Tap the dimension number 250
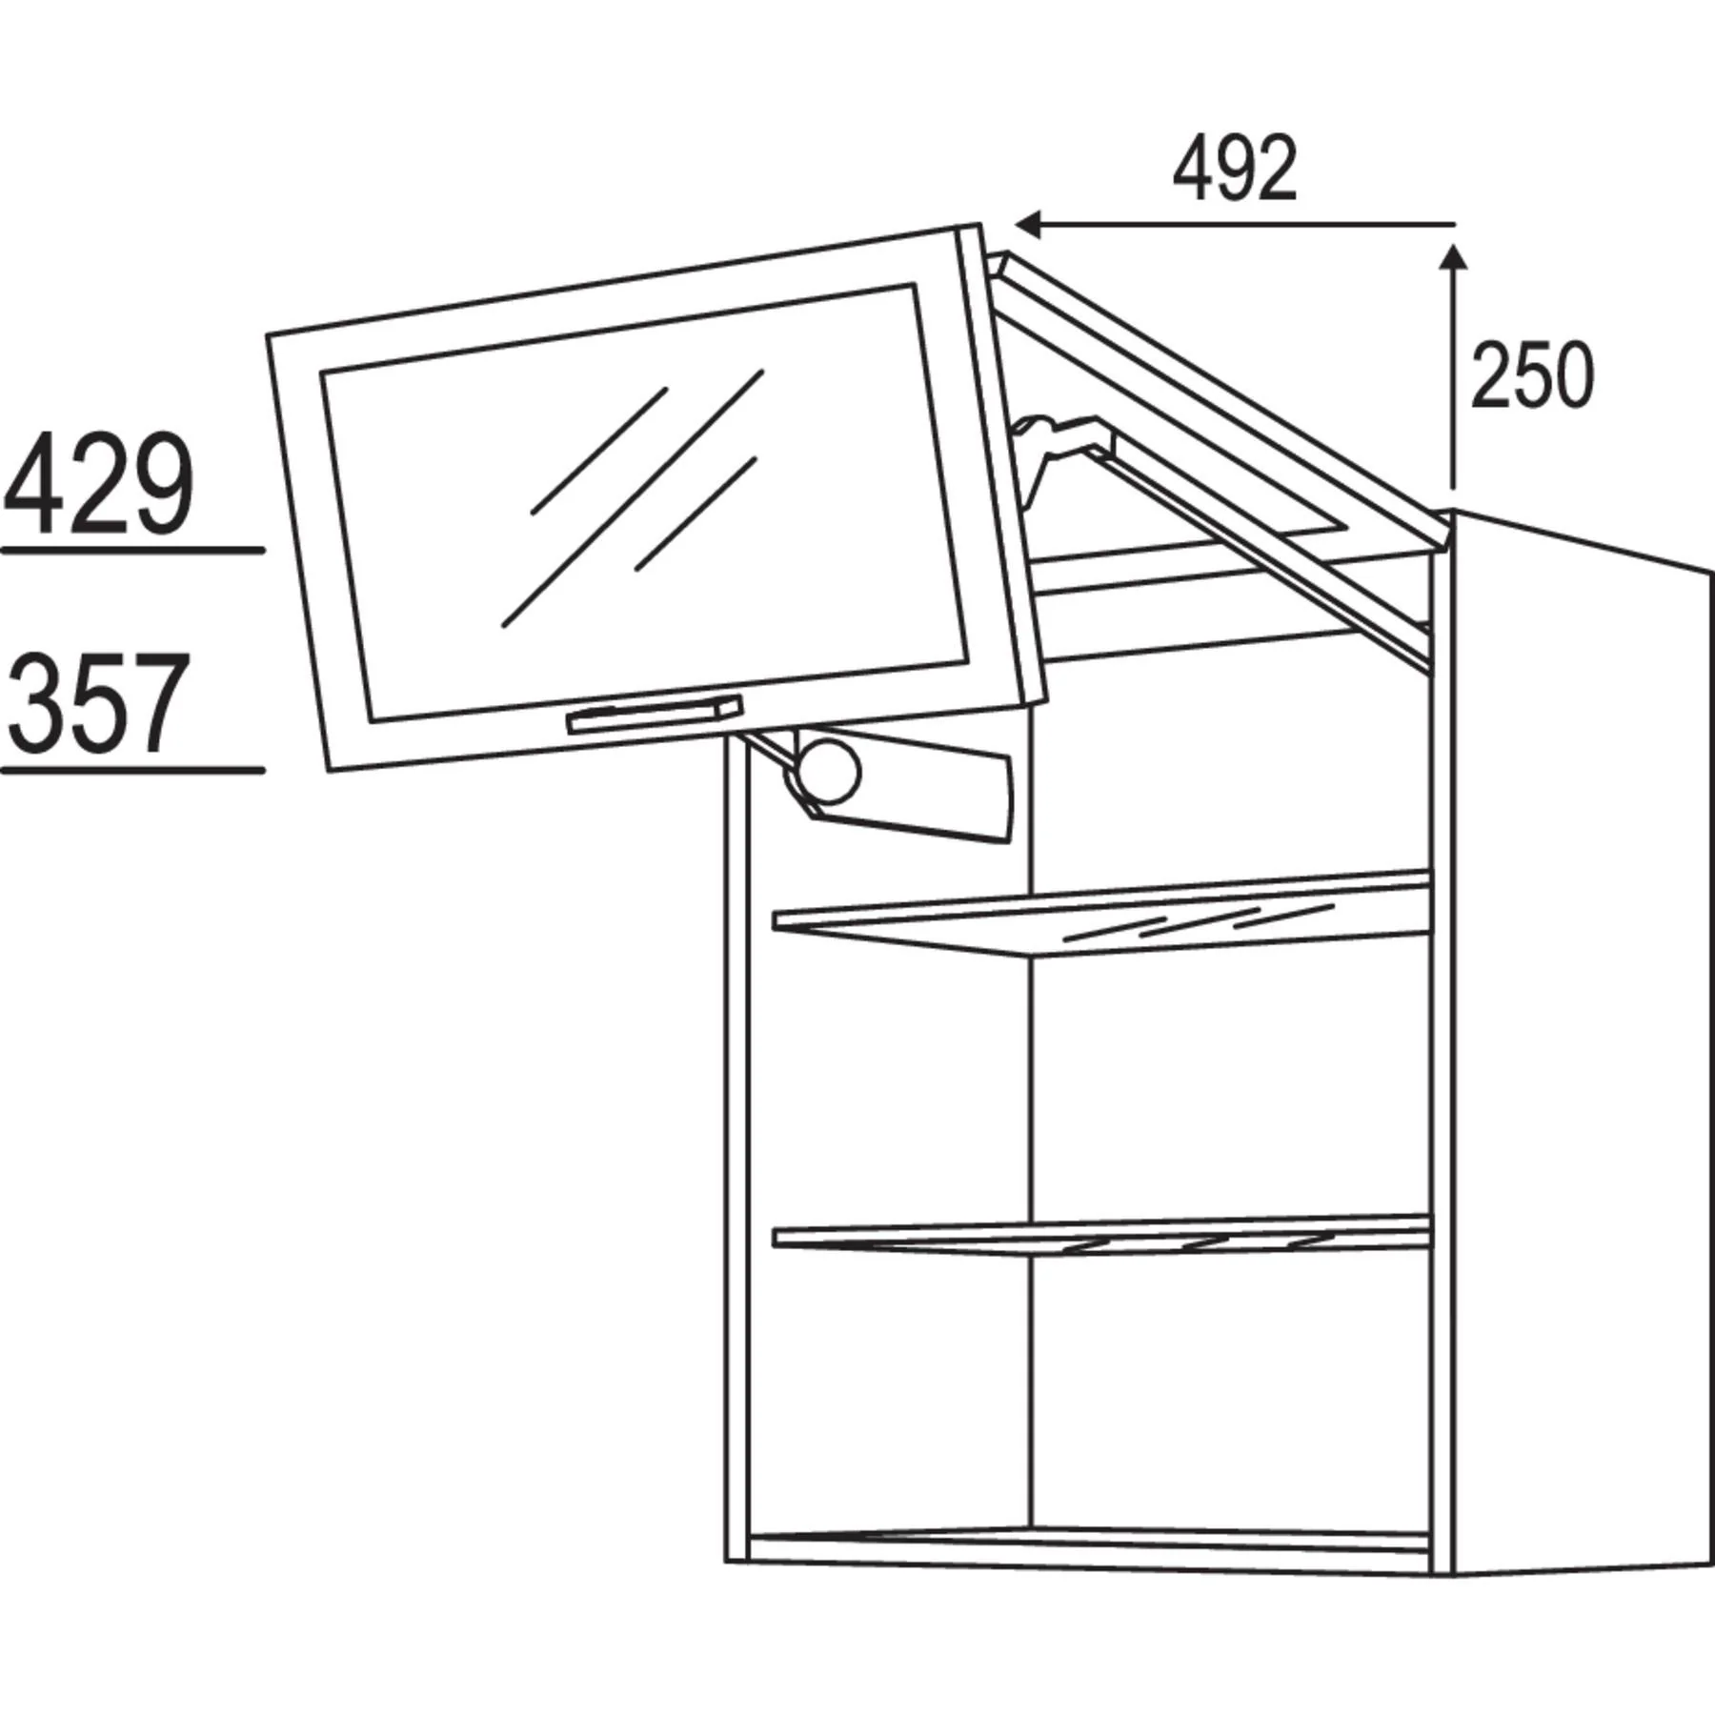(1531, 375)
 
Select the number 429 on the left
(99, 483)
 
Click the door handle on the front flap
(655, 715)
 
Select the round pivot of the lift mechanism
(828, 772)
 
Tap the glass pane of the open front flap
(644, 499)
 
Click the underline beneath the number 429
(132, 550)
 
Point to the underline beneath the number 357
(132, 770)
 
